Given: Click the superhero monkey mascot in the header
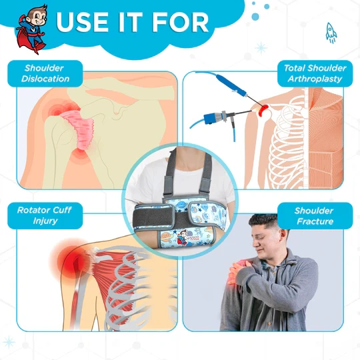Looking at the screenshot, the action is tap(32, 29).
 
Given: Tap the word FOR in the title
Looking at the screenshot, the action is tap(180, 22).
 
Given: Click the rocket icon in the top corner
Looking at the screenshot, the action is tap(331, 33).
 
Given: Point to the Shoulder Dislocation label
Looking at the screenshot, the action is tap(45, 73).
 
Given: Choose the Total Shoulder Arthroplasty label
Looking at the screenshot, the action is tap(315, 73).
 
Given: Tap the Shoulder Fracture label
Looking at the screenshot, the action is tap(315, 216).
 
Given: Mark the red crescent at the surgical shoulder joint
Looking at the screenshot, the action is tap(263, 110).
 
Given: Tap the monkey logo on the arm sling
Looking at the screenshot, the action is tap(182, 237).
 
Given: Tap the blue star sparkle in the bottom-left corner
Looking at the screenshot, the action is tap(9, 342).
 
